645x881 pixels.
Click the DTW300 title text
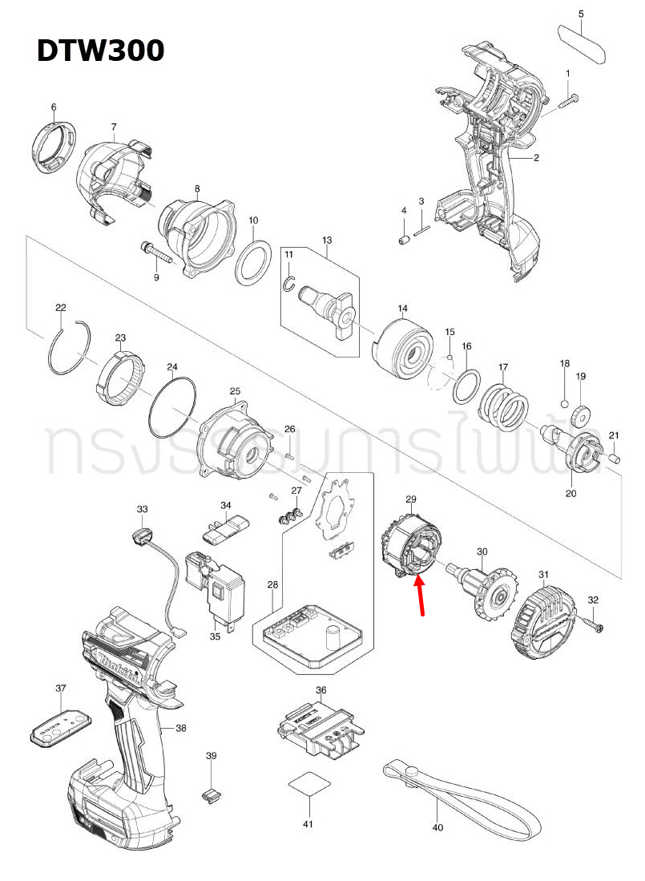point(100,50)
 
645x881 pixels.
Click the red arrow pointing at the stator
point(419,598)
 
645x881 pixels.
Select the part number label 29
point(411,499)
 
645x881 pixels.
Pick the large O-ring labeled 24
point(172,406)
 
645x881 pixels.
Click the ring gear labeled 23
point(123,376)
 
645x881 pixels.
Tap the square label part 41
point(308,784)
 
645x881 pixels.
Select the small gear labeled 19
point(579,414)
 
